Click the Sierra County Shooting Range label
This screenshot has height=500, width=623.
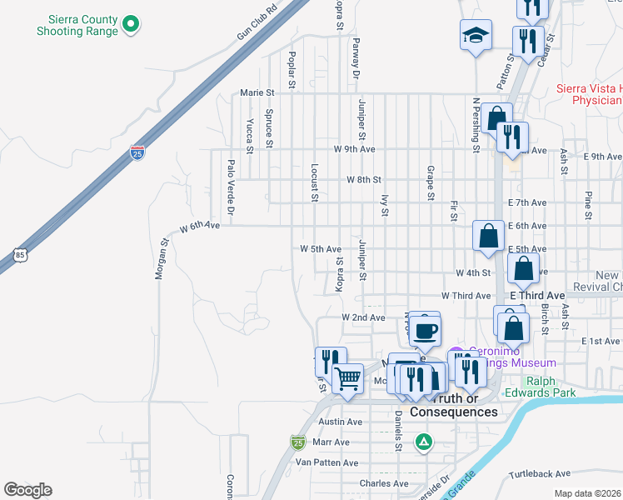coord(77,24)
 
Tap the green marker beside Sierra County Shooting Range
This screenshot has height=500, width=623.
coord(130,24)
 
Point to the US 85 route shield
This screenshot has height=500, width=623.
coord(20,252)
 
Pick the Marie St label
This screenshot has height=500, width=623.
coord(257,92)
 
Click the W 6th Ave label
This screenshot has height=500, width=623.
coord(199,226)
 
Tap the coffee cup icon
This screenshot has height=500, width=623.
coord(426,331)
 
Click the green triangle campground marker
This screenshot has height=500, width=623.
coord(424,441)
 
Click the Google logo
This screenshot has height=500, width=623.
coord(27,490)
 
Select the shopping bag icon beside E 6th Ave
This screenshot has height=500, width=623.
coord(488,235)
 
